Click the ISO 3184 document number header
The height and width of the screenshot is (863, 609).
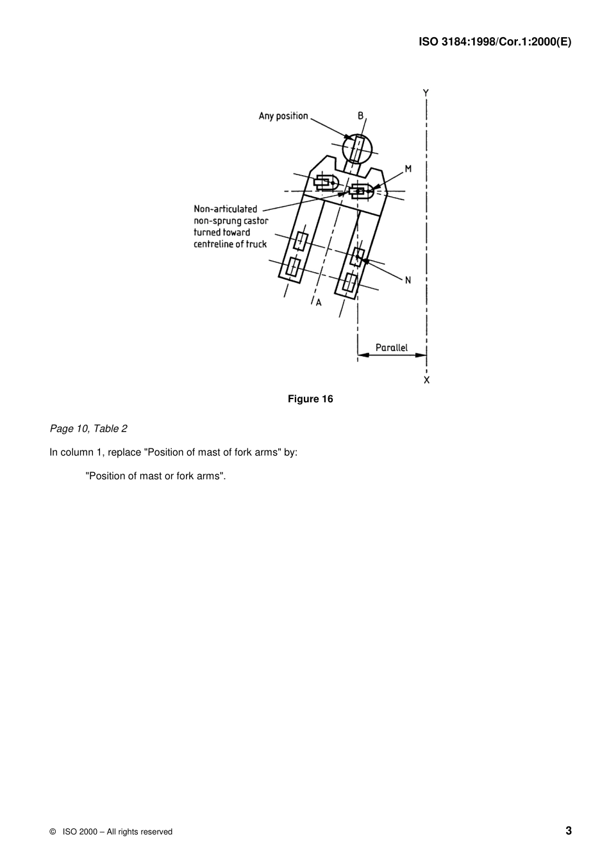click(x=495, y=42)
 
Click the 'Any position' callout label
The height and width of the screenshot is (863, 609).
click(x=283, y=116)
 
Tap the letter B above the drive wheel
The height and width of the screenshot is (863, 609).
click(x=361, y=116)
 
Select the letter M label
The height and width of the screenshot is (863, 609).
click(x=408, y=169)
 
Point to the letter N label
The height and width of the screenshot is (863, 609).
click(x=408, y=280)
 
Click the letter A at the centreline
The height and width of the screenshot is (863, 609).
click(x=319, y=302)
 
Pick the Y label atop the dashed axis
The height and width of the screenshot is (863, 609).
click(x=426, y=93)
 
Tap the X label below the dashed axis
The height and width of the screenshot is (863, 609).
click(x=427, y=380)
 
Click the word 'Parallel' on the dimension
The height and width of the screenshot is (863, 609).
click(x=391, y=348)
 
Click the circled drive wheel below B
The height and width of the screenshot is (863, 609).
click(x=357, y=150)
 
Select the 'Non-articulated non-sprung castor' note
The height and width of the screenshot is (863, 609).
click(x=231, y=226)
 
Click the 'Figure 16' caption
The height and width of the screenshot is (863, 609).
click(x=310, y=399)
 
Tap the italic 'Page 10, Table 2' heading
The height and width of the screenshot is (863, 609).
click(x=88, y=429)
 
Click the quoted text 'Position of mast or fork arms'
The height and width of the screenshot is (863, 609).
click(x=156, y=476)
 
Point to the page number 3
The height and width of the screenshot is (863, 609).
click(x=569, y=831)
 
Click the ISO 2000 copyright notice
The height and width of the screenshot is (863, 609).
click(x=111, y=832)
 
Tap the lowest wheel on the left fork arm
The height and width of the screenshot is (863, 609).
click(x=292, y=268)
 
